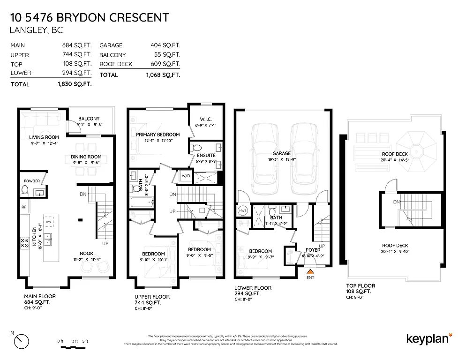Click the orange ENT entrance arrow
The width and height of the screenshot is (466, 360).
pyautogui.click(x=309, y=270)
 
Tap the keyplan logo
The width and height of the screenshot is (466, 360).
pyautogui.click(x=428, y=338)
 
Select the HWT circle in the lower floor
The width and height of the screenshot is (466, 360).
pyautogui.click(x=243, y=210)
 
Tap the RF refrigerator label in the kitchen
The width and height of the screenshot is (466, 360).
pyautogui.click(x=23, y=207)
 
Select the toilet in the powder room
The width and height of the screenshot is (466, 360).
pyautogui.click(x=26, y=190)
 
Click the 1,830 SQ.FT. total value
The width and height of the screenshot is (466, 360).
pyautogui.click(x=72, y=84)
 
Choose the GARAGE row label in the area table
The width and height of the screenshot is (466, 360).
pyautogui.click(x=111, y=45)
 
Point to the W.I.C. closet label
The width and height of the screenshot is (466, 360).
pyautogui.click(x=206, y=119)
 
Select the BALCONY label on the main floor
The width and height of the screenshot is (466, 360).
pyautogui.click(x=89, y=119)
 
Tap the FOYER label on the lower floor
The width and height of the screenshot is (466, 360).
pyautogui.click(x=313, y=250)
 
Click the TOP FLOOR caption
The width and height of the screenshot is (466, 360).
pyautogui.click(x=358, y=285)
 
